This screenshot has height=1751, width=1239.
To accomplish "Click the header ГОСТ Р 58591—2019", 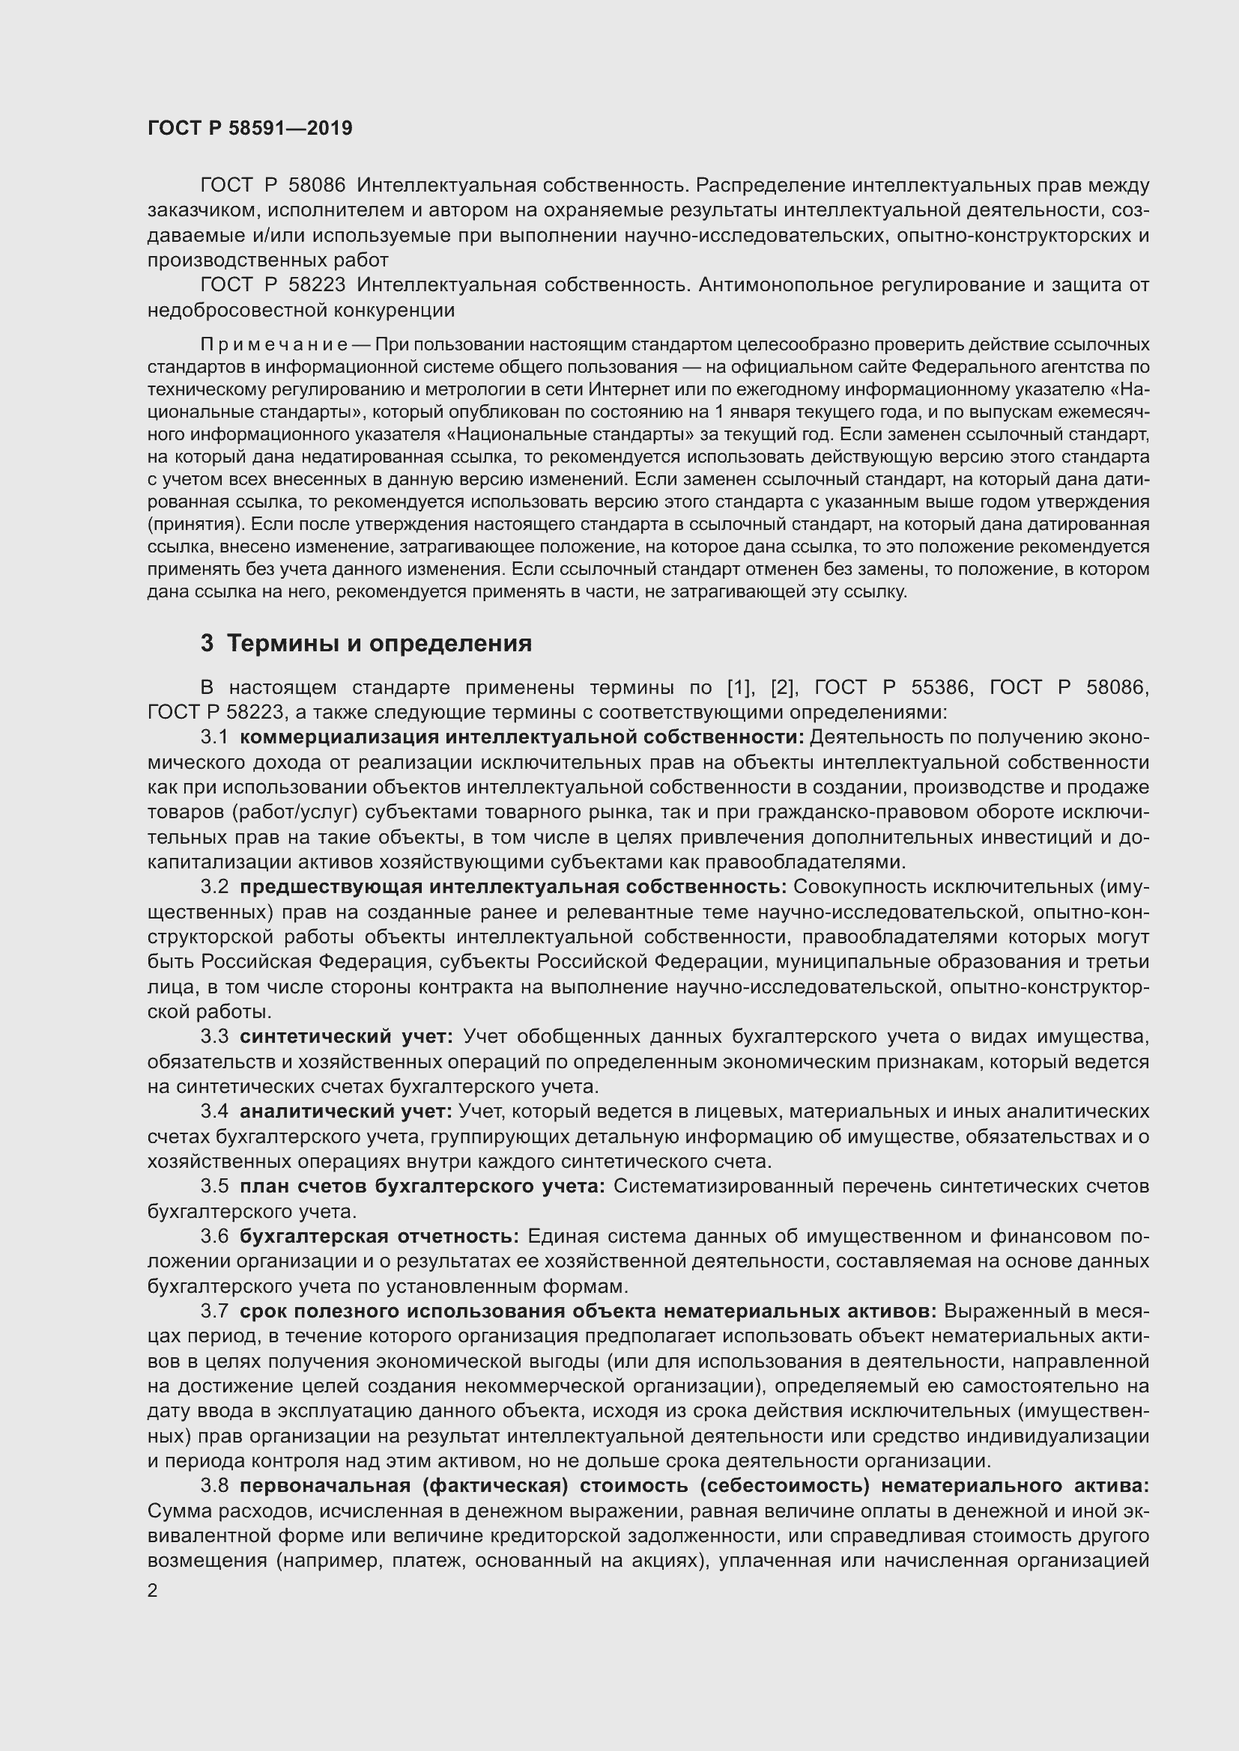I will coord(249,128).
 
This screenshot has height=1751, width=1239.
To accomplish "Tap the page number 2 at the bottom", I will coord(153,1591).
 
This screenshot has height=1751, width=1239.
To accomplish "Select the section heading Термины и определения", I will coord(379,644).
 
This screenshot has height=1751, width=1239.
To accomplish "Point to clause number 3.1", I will coord(213,737).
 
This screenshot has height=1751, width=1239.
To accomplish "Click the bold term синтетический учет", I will coord(346,1036).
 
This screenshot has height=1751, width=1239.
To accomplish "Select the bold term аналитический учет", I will coord(345,1111).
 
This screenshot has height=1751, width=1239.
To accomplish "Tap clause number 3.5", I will coord(213,1186).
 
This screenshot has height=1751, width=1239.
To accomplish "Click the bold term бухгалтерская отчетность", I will coord(379,1236).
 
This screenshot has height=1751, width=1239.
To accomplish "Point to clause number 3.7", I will coord(213,1311).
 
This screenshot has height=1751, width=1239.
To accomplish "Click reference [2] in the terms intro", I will coord(784,688).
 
